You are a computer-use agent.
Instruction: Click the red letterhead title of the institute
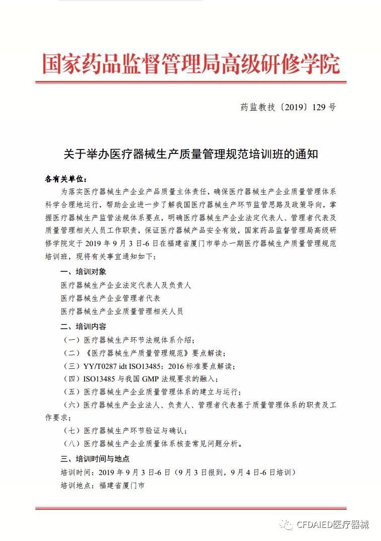point(190,64)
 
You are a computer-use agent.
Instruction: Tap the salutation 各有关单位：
point(66,179)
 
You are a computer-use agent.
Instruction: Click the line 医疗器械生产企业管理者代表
point(110,298)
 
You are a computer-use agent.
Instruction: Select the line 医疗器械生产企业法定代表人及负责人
point(126,285)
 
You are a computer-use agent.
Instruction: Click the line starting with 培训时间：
point(178,473)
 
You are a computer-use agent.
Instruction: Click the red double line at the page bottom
point(190,509)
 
